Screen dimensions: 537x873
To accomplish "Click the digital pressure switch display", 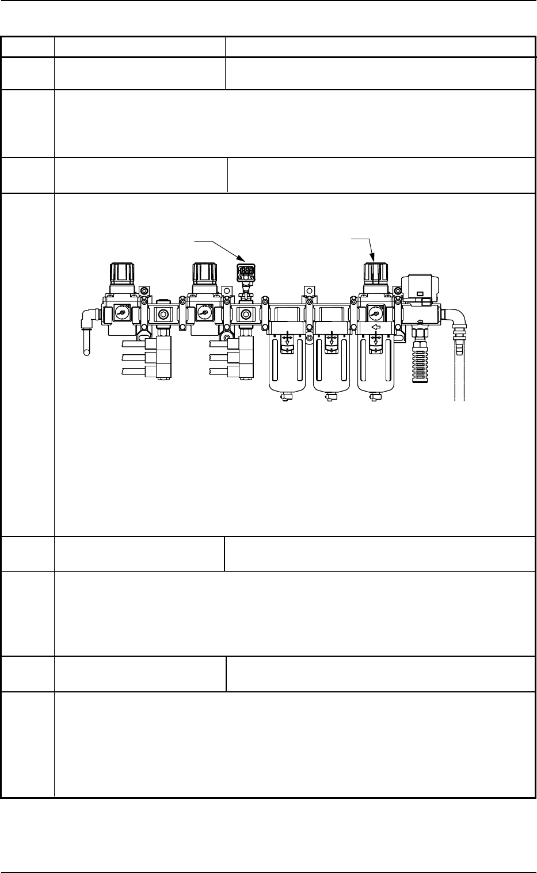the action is coord(246,271).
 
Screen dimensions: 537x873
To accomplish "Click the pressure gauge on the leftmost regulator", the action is coord(121,313).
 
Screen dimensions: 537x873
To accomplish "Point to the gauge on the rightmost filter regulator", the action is coord(375,313).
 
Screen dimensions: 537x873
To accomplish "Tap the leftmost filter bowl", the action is coord(287,368).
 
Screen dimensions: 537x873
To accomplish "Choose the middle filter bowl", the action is coord(331,368).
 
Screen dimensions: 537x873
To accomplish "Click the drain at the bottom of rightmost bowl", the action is coord(375,397).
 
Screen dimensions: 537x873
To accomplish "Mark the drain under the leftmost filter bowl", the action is coord(287,397).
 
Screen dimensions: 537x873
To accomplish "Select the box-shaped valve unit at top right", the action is coord(421,288).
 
